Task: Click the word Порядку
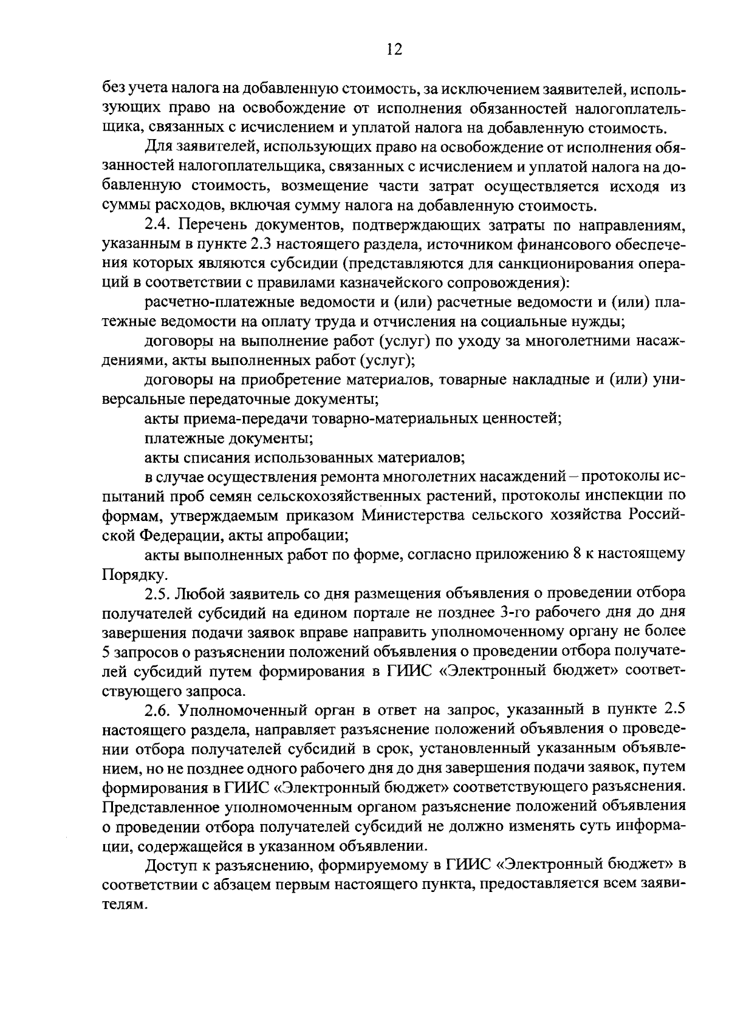tap(131, 574)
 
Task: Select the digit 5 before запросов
tap(107, 651)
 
